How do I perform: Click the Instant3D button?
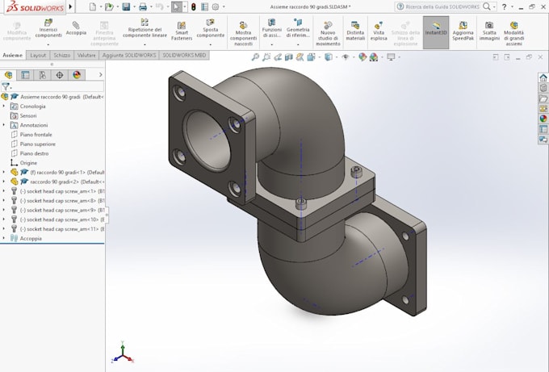(435, 31)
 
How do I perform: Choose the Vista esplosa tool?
(378, 31)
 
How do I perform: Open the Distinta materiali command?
(355, 31)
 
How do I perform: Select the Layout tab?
(38, 55)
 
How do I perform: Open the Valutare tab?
(86, 55)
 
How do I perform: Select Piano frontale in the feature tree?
(37, 135)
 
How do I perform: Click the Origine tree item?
(28, 163)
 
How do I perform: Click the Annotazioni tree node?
(34, 125)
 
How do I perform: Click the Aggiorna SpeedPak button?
(463, 31)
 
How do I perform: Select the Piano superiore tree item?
(37, 144)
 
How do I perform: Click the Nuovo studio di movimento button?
(328, 31)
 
